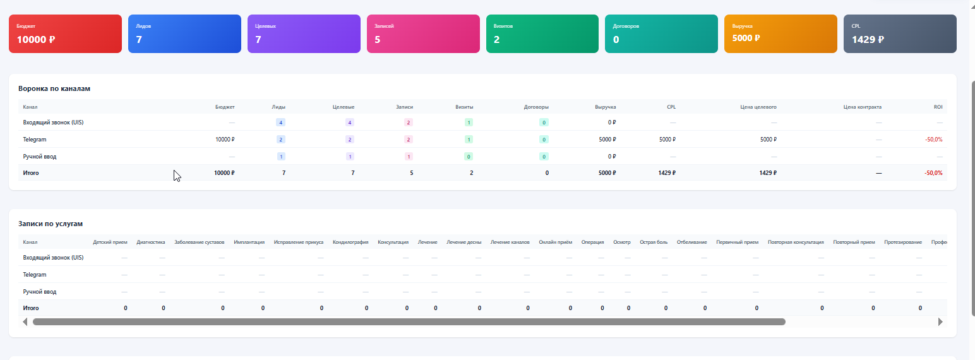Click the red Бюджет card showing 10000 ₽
65,34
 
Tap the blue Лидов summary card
184,34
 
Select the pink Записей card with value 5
423,34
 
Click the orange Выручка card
781,34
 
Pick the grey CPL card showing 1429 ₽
900,34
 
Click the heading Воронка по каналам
54,89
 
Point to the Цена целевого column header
758,107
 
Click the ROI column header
938,107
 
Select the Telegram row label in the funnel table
35,140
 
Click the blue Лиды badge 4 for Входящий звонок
280,123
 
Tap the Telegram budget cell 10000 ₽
225,140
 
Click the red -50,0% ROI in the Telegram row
933,140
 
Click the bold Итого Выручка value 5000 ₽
607,173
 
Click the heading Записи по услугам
51,224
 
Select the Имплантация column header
249,243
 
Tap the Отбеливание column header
691,243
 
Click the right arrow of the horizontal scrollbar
940,322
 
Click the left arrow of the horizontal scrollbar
25,322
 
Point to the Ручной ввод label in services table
40,292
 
